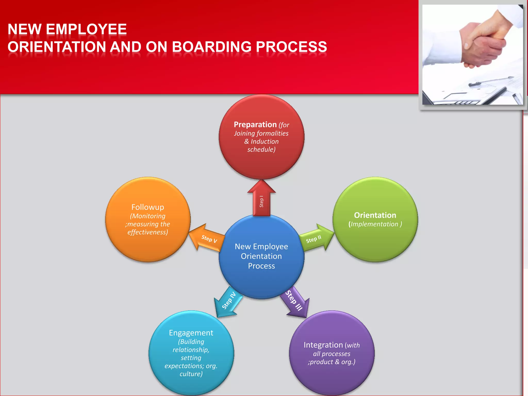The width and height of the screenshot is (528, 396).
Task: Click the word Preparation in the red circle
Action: coord(255,125)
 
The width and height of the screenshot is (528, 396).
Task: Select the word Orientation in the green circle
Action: coord(375,215)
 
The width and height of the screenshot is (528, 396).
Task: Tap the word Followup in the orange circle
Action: coord(147,207)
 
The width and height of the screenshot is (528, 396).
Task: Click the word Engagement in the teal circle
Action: coord(191,333)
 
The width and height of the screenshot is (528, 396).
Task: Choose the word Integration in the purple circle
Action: coord(323,345)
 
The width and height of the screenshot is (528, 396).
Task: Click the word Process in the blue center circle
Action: coord(261,266)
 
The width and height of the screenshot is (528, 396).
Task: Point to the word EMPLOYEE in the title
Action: coord(86,29)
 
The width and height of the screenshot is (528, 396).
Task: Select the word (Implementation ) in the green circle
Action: coord(375,224)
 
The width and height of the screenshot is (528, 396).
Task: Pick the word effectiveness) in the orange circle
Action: coord(147,232)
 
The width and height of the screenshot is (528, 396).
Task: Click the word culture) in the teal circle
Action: coord(191,374)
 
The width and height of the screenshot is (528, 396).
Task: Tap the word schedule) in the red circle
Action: coord(261,150)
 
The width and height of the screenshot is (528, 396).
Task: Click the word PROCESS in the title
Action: coord(291,47)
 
